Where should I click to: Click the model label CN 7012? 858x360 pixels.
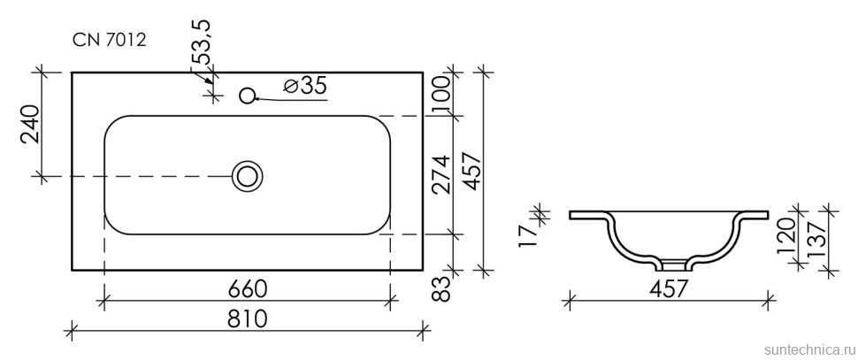click(x=110, y=40)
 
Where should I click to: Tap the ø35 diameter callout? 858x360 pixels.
click(x=305, y=85)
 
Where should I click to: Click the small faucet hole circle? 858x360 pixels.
click(x=248, y=96)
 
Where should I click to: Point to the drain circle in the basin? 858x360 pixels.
click(x=248, y=176)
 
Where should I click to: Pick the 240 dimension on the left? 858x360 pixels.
click(x=31, y=124)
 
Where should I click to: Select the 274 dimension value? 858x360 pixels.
click(x=442, y=174)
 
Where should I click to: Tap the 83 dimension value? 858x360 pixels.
click(x=443, y=289)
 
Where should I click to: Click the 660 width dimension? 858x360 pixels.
click(x=248, y=289)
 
